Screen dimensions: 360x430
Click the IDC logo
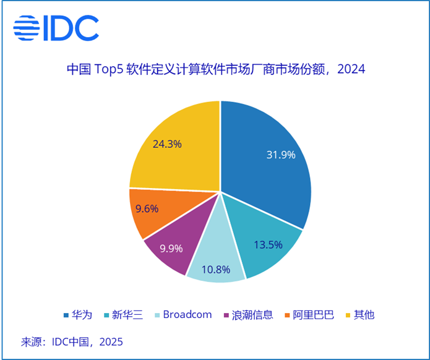coord(56,28)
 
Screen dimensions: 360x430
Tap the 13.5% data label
coord(269,244)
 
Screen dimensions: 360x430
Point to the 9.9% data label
coord(172,249)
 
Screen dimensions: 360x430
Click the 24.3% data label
coord(167,144)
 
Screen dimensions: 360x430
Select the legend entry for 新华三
coord(125,315)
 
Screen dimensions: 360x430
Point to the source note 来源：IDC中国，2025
coord(72,341)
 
